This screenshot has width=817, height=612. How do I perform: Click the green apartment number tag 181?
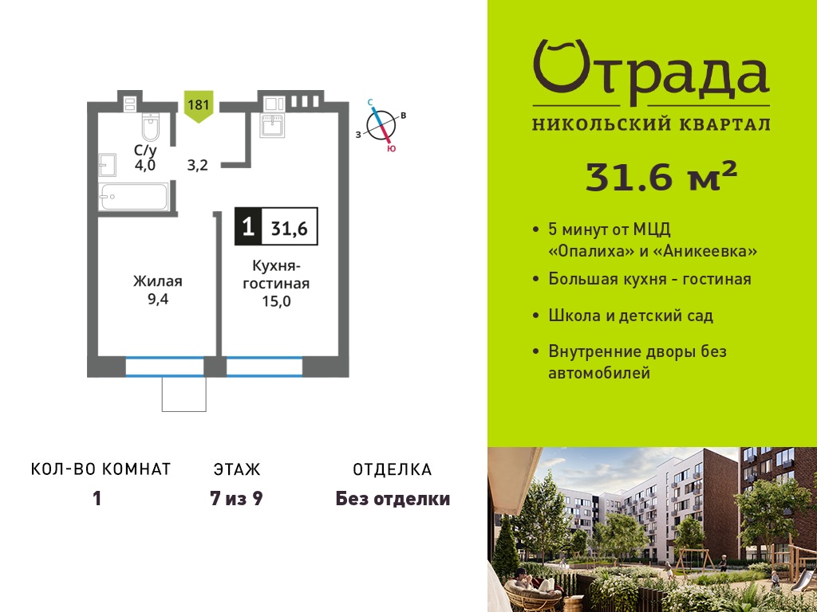click(x=199, y=108)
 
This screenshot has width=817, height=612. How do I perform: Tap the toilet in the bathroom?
click(x=150, y=127)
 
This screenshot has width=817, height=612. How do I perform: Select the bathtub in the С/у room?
click(x=134, y=197)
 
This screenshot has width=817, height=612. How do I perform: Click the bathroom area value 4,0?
click(x=145, y=166)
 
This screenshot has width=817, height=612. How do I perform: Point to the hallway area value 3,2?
click(x=198, y=166)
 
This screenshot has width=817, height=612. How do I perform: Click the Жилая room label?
click(x=157, y=281)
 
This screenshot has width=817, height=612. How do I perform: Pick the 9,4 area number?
click(x=157, y=300)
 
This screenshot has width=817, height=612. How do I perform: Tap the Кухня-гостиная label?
click(x=276, y=275)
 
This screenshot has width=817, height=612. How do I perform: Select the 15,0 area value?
click(x=276, y=300)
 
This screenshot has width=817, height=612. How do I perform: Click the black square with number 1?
click(x=249, y=227)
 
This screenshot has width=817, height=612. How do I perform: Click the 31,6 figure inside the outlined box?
click(x=289, y=228)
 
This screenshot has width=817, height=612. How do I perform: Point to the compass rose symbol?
click(x=381, y=125)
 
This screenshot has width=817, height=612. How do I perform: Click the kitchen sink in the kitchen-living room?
click(x=272, y=125)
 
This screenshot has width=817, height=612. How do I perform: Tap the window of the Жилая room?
click(x=164, y=367)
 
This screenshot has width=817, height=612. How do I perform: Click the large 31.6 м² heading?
click(x=661, y=177)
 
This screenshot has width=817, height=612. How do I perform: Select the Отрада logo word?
click(x=651, y=72)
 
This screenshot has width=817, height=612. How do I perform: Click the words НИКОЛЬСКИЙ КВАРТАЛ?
click(x=651, y=124)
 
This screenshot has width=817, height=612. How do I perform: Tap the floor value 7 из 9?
click(x=236, y=499)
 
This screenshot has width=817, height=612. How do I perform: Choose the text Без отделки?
click(x=393, y=499)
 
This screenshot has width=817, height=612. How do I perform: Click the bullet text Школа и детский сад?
click(x=630, y=316)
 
